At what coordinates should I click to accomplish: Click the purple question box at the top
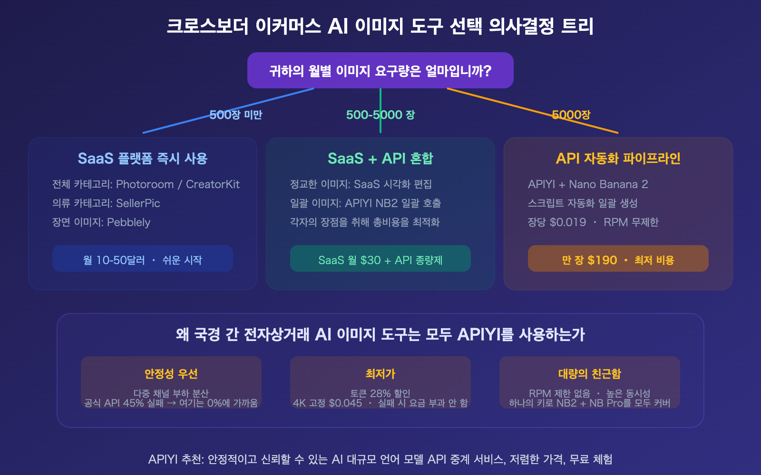380,70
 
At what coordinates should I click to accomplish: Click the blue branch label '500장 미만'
236,115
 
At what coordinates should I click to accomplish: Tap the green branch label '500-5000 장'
380,115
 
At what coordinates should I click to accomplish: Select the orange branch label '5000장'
571,115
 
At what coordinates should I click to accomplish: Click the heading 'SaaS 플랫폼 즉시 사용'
143,158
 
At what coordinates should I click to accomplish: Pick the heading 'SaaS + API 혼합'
380,158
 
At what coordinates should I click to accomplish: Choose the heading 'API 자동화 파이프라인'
618,158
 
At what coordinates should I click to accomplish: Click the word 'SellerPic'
138,203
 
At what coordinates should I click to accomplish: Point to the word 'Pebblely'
128,222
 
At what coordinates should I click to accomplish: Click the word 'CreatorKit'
213,184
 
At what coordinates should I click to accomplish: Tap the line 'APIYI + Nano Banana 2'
588,184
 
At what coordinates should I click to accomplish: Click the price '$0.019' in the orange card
568,222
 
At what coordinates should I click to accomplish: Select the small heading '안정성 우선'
171,374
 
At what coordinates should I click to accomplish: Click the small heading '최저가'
380,374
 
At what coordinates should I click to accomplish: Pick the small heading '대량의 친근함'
590,374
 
